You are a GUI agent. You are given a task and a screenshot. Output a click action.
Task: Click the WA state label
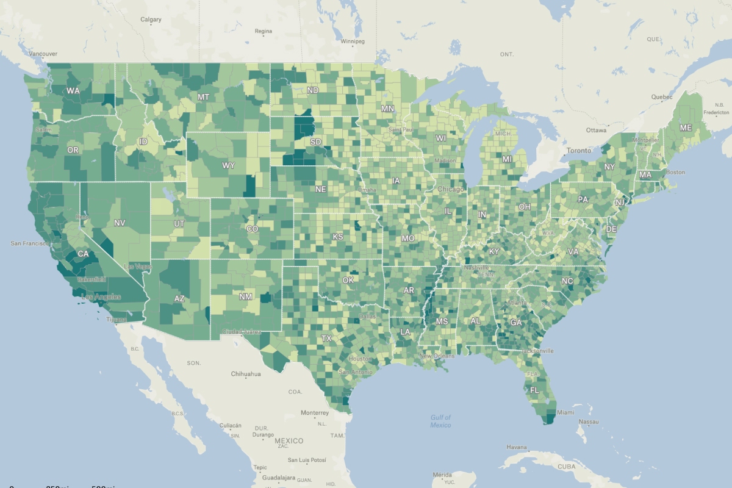73,91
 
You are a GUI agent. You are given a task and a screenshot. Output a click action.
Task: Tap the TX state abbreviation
326,338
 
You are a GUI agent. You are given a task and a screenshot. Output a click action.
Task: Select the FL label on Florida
534,390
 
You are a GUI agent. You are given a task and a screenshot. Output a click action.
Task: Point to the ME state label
686,127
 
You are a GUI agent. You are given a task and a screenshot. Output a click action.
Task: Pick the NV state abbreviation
120,223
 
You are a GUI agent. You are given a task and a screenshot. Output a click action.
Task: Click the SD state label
316,142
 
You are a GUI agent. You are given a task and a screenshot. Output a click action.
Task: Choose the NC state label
567,281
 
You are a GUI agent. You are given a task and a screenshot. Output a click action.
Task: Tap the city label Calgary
151,20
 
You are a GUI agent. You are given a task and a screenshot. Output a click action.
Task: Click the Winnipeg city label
353,41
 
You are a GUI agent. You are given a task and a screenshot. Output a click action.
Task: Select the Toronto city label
579,150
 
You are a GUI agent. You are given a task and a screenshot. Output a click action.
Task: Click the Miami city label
565,412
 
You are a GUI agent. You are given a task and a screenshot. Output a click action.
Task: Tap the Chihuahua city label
246,374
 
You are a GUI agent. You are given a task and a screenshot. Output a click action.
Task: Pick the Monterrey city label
315,412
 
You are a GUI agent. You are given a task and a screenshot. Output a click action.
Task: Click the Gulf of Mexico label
440,421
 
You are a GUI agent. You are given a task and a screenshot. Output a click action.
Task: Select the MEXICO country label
289,440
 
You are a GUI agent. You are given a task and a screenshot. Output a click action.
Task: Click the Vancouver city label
43,54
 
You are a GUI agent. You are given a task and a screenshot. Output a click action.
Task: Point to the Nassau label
589,422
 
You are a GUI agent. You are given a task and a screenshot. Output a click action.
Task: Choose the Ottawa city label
596,130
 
